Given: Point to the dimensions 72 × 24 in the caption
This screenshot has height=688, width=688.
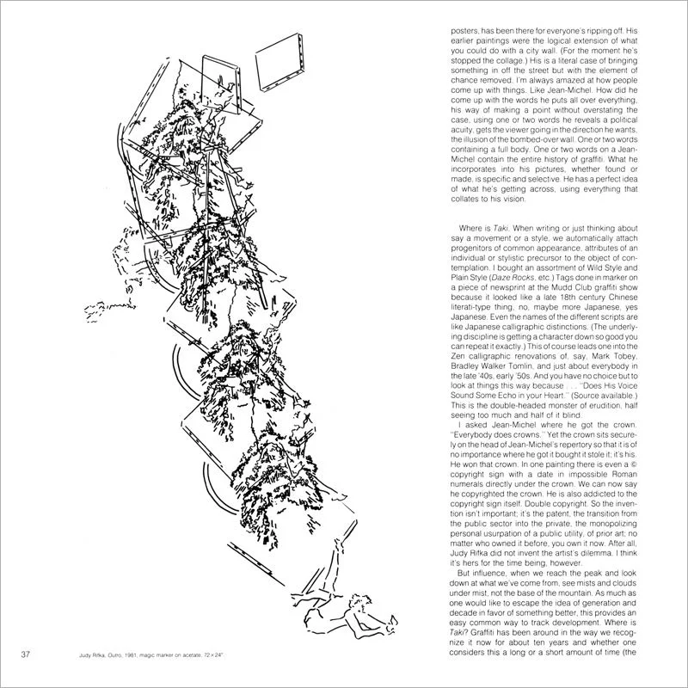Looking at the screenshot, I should (x=226, y=660).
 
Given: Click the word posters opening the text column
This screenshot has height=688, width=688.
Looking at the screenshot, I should (x=470, y=28).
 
